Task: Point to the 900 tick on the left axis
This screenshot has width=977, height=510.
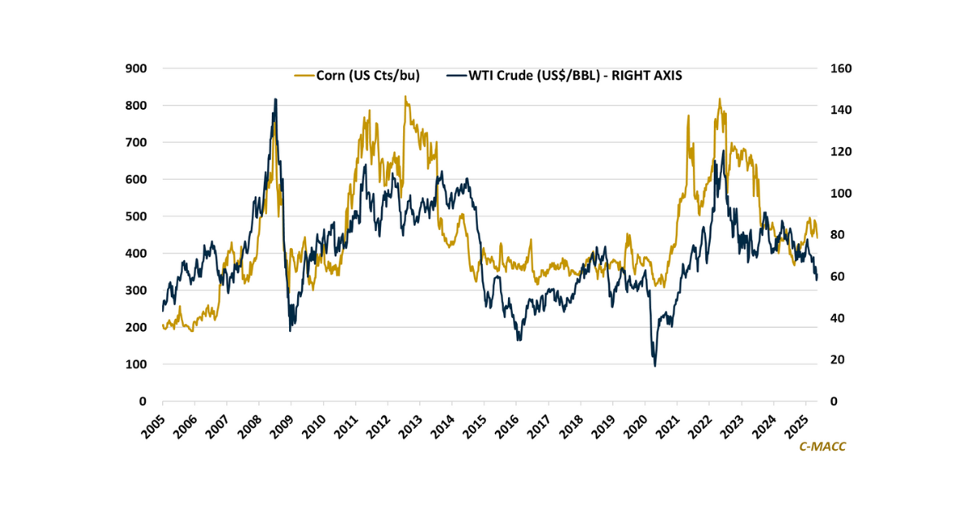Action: pos(136,68)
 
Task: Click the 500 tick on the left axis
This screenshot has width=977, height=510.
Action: pos(136,216)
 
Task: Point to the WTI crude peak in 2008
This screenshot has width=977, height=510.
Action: pos(275,99)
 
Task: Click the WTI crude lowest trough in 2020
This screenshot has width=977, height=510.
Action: pos(655,365)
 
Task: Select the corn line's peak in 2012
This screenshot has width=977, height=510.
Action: pos(405,97)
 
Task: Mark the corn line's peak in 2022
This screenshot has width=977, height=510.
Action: pos(720,99)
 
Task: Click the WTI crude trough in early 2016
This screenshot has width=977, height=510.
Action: pos(519,339)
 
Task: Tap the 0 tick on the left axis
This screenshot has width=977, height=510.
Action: pos(142,402)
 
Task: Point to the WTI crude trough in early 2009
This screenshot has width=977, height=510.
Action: pos(291,329)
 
